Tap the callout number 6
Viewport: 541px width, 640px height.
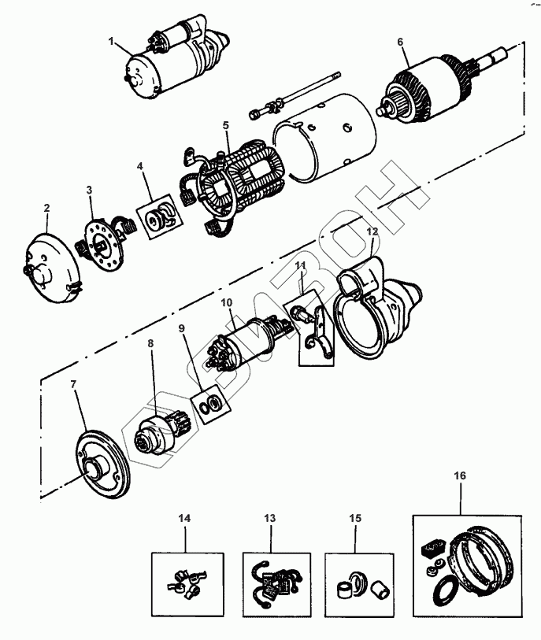pyautogui.click(x=400, y=40)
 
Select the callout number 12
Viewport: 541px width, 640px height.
pyautogui.click(x=372, y=232)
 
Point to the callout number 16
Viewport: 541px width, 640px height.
pyautogui.click(x=459, y=476)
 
